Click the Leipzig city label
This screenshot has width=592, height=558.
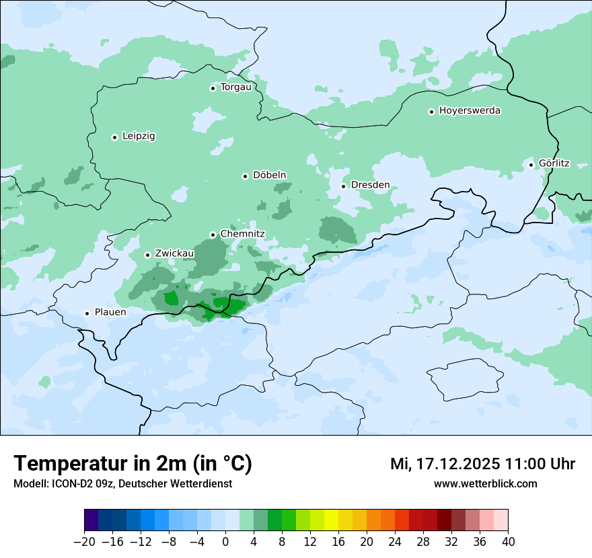139,136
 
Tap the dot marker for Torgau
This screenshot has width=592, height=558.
213,88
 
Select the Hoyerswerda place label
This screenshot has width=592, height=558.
470,111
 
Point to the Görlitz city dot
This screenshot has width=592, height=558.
531,165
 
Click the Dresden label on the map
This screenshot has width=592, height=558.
370,186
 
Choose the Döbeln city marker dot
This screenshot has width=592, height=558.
245,176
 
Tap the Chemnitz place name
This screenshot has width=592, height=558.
242,235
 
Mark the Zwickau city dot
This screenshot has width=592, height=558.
147,255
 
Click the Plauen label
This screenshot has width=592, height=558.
110,313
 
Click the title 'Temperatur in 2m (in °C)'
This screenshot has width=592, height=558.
133,464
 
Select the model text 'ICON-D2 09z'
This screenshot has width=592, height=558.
79,484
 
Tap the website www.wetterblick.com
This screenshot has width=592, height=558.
485,484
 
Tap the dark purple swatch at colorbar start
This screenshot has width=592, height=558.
91,520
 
